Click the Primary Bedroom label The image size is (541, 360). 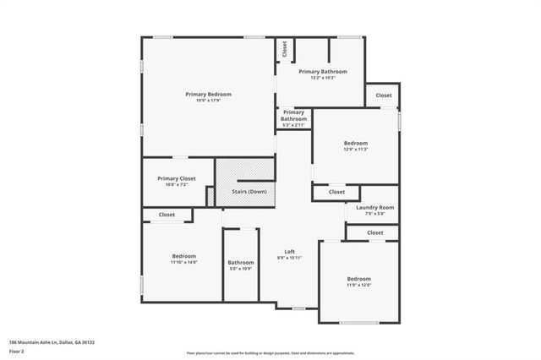208,94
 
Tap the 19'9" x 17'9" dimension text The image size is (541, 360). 208,101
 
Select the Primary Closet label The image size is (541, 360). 176,178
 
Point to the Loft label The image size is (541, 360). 289,252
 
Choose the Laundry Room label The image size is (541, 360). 374,207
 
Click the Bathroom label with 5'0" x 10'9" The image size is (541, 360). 240,263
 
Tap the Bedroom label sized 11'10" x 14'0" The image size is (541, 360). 184,256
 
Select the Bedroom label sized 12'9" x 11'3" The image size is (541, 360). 355,143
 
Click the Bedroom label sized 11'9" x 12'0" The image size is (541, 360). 358,279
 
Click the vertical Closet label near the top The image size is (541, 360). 285,49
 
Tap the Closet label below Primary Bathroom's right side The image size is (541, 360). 384,95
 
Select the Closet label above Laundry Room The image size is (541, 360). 336,192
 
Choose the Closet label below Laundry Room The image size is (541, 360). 374,232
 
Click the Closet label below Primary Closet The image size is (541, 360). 167,215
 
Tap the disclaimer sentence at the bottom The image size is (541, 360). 270,352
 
